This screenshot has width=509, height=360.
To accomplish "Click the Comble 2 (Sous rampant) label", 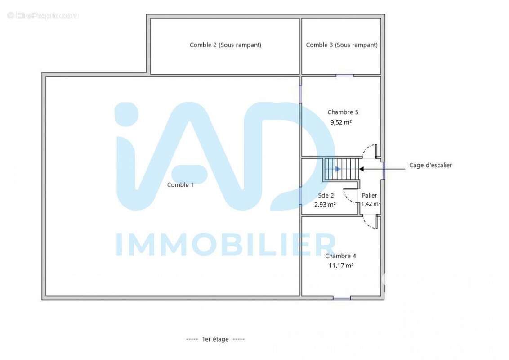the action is (225, 45).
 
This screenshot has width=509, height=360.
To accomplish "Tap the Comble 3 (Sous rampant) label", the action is (341, 45).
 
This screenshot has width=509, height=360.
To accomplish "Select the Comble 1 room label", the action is (180, 185).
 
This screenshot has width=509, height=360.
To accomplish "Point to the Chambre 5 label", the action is (343, 112).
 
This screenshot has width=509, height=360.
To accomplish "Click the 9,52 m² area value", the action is (341, 122).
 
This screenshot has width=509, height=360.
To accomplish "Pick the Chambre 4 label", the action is (340, 256).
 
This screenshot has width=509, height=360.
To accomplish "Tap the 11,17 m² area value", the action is (341, 265).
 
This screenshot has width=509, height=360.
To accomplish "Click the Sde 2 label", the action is (326, 195).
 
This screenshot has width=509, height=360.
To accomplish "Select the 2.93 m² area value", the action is (325, 205).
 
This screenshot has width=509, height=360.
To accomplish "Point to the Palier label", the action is (370, 195).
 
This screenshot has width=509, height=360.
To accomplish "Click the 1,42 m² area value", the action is (371, 204).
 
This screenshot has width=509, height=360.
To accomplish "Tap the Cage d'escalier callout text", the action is (430, 165).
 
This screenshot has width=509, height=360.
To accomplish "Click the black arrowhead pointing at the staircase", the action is (362, 169).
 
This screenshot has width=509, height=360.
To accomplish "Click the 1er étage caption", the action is (215, 339).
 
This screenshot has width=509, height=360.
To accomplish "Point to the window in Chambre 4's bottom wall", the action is (341, 297).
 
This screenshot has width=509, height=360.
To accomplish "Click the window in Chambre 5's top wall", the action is (344, 76).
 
